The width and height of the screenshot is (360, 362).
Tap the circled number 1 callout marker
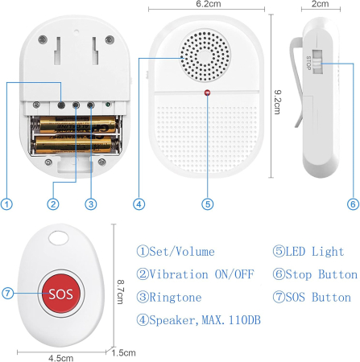click(x=6, y=204)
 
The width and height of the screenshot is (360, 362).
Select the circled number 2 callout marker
click(x=52, y=204)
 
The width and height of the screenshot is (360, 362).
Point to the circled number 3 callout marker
click(x=91, y=204)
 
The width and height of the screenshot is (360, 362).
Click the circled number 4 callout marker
click(x=139, y=204)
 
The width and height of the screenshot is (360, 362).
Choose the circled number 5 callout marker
click(x=208, y=204)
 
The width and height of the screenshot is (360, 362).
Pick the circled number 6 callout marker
click(x=352, y=204)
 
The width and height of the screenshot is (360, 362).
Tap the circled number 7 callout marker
click(x=6, y=293)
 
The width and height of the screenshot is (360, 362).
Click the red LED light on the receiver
click(x=208, y=94)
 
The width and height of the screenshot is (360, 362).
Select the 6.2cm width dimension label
click(x=208, y=5)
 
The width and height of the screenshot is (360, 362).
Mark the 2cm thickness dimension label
click(x=321, y=5)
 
